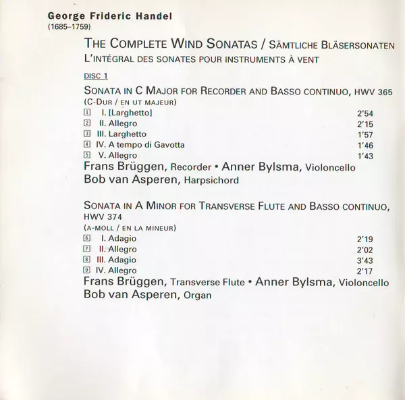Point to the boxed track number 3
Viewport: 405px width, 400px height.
[87, 134]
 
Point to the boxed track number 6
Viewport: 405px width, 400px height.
[87, 239]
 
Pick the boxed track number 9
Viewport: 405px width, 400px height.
[87, 270]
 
